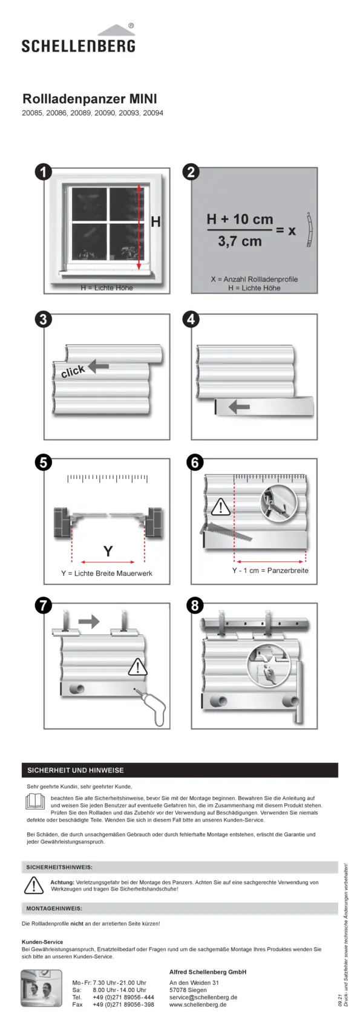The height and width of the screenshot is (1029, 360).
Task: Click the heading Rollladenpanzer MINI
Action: click(x=90, y=99)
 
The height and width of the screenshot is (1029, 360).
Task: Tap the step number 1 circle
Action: click(x=43, y=172)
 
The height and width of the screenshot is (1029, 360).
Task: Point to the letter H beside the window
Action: click(x=155, y=222)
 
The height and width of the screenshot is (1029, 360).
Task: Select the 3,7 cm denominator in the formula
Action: click(x=240, y=241)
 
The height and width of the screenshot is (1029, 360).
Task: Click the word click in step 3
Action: click(x=73, y=371)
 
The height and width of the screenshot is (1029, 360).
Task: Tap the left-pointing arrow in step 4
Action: click(x=239, y=407)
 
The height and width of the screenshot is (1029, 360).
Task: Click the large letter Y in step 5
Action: click(x=108, y=550)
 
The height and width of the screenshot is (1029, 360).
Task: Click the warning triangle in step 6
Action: click(x=220, y=507)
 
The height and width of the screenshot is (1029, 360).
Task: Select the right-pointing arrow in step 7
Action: click(x=88, y=621)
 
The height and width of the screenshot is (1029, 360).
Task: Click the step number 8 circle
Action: click(x=195, y=606)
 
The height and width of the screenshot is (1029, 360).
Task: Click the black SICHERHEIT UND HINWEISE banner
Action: click(x=180, y=770)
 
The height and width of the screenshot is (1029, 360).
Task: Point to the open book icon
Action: click(x=35, y=802)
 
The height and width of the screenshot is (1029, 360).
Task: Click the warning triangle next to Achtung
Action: click(x=33, y=886)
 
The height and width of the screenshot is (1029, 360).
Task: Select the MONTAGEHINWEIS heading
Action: click(x=54, y=909)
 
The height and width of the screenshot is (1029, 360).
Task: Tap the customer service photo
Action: click(x=41, y=988)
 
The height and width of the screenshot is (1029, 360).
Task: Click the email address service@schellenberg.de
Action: click(x=203, y=998)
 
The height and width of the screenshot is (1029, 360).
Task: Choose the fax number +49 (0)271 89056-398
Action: click(x=123, y=1005)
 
